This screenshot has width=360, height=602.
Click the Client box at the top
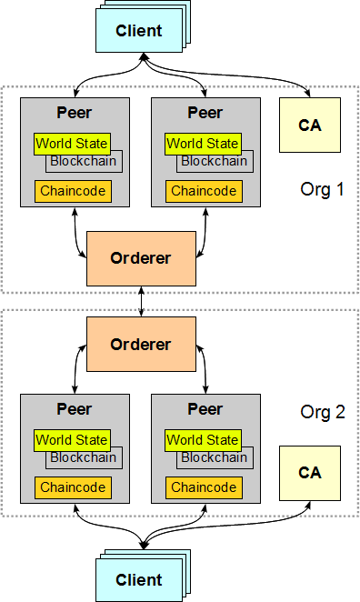tap(138, 31)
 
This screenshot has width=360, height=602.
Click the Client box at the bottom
tap(138, 579)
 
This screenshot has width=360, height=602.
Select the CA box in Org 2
tap(310, 474)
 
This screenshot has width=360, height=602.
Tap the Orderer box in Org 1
tap(140, 258)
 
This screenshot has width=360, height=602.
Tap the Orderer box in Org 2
tap(140, 345)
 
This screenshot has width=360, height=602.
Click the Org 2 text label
tap(323, 412)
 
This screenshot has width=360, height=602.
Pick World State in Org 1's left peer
tap(73, 144)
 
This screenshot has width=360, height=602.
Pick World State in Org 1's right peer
tap(203, 144)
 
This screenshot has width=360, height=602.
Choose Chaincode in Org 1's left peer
tap(73, 192)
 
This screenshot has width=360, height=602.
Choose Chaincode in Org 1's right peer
tap(203, 192)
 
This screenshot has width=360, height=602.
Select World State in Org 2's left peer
tap(73, 440)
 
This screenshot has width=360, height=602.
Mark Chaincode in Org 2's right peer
tap(203, 488)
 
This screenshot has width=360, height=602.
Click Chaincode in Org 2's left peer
tap(73, 488)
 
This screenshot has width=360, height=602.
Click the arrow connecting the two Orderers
tap(141, 301)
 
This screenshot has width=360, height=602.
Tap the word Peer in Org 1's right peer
tap(205, 114)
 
